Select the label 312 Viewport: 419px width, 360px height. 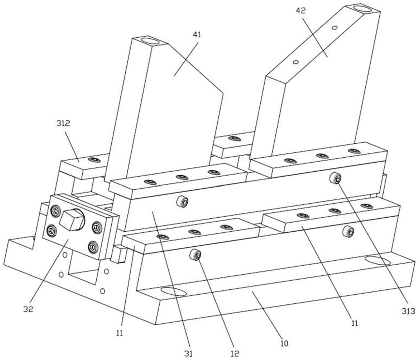[x=62, y=123]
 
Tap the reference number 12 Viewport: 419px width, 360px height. [x=236, y=354]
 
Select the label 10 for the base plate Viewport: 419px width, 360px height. [x=284, y=344]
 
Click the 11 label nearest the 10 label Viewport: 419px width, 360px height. [x=354, y=323]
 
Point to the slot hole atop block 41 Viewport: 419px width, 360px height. [x=151, y=41]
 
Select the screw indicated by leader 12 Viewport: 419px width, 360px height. [x=196, y=254]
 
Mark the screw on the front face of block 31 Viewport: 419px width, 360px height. [x=183, y=201]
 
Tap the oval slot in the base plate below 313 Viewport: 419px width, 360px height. [x=378, y=261]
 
